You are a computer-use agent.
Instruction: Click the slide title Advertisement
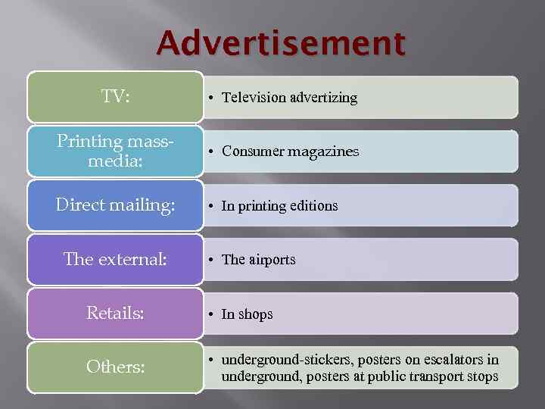click(281, 44)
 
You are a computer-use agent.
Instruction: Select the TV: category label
click(115, 96)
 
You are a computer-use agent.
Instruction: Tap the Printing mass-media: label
click(115, 150)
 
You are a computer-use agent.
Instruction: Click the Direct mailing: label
click(115, 204)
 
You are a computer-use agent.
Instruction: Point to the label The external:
click(115, 259)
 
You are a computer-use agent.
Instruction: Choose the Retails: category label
click(115, 313)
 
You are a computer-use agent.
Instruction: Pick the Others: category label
click(115, 367)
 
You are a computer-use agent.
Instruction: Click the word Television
click(254, 98)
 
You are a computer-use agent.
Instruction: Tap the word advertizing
click(324, 98)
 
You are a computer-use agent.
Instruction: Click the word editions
click(309, 206)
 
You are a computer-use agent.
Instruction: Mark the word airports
click(272, 260)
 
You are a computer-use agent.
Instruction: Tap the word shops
click(255, 314)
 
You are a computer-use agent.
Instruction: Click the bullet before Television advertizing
click(215, 98)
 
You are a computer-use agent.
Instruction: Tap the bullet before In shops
click(215, 314)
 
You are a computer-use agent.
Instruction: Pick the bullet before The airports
click(215, 260)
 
